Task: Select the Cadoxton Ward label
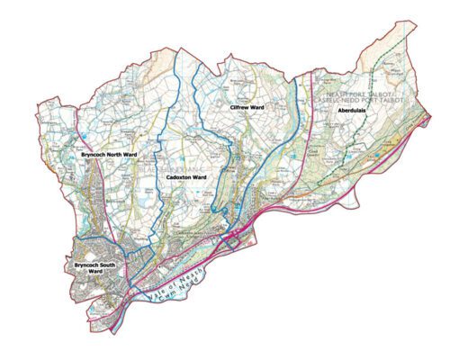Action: (x=187, y=178)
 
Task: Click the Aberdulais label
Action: (x=352, y=110)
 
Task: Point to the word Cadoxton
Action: (x=180, y=178)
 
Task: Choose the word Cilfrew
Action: (x=239, y=108)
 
